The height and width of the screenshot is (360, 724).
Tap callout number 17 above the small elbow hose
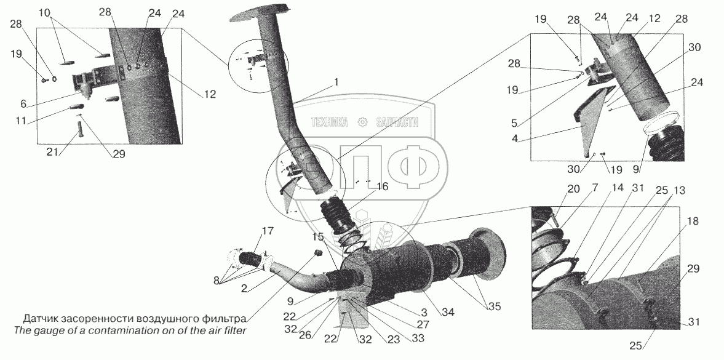(x=267, y=231)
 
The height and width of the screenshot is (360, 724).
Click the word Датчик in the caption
(x=41, y=319)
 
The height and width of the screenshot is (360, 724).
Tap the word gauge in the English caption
(x=43, y=331)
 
